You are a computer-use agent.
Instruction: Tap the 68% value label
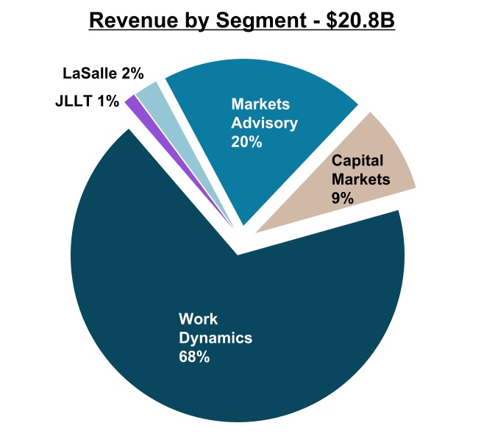(194, 357)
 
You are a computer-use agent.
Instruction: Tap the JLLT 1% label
(87, 101)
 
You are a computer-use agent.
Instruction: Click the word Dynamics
(216, 338)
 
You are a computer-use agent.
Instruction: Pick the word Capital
(357, 160)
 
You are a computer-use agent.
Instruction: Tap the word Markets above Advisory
(260, 104)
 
